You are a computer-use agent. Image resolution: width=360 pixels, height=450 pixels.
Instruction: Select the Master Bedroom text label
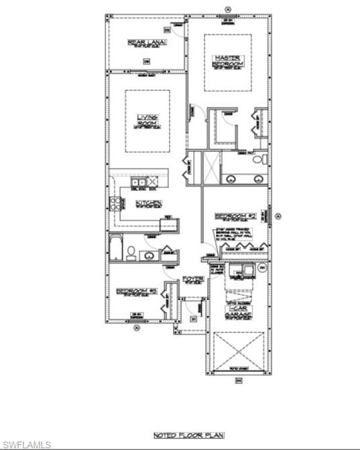[x=228, y=60]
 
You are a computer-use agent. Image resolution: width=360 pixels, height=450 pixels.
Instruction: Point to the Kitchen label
[x=148, y=203]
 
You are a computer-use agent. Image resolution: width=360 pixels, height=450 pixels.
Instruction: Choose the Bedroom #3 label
[x=136, y=291]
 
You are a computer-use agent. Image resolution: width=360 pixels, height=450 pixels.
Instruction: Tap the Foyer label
[x=193, y=279]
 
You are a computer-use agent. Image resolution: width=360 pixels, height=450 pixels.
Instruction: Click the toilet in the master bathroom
[x=264, y=159]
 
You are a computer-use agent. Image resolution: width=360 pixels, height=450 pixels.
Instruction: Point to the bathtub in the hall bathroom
[x=115, y=248]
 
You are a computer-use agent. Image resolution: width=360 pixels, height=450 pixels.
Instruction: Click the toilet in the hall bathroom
[x=132, y=253]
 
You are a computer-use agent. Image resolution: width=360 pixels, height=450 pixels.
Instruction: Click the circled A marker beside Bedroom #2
[x=279, y=216]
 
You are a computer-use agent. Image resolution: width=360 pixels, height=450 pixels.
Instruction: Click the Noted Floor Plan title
[x=189, y=435]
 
